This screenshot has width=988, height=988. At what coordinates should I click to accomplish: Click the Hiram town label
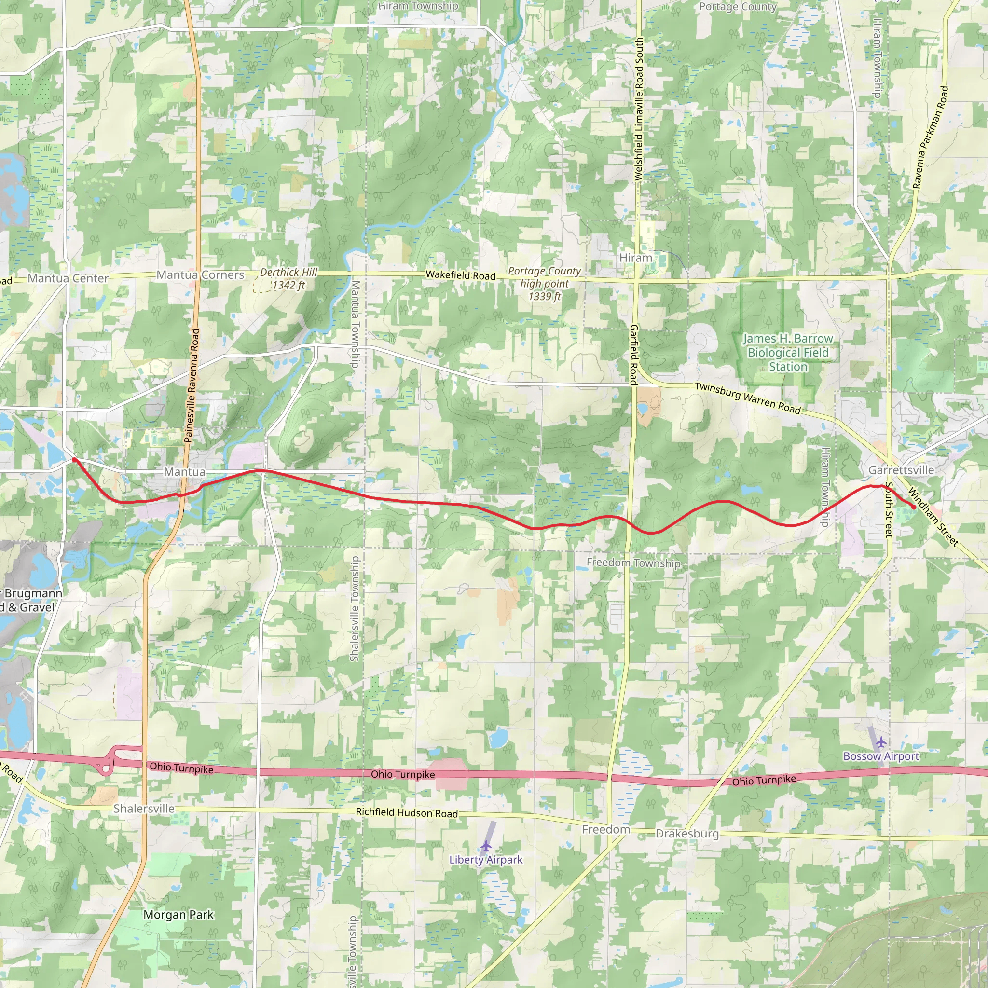(636, 258)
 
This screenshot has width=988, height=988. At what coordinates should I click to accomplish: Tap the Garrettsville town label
(901, 470)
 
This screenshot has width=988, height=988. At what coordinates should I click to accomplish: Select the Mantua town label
(185, 471)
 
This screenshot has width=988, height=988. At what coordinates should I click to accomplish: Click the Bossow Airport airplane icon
(881, 741)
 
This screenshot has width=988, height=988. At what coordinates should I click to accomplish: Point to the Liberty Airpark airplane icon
(486, 846)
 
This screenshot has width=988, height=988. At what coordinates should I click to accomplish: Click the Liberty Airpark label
(486, 860)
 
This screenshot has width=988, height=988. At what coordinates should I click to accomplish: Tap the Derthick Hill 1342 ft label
(288, 279)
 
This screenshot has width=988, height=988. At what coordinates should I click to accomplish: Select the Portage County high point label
(545, 283)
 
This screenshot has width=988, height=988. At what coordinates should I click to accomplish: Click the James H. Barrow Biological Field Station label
(788, 352)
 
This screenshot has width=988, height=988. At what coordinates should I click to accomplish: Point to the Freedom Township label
(633, 563)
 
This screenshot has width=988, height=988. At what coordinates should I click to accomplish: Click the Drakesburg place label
(687, 834)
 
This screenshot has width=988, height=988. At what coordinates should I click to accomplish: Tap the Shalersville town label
(144, 809)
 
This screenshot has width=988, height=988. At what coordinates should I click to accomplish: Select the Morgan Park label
(178, 914)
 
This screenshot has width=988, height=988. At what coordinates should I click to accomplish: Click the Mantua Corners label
(201, 274)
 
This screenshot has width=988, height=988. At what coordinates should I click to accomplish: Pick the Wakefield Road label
(461, 275)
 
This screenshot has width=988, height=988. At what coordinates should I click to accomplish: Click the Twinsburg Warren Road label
(747, 398)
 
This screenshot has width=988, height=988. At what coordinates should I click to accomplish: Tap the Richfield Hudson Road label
(407, 812)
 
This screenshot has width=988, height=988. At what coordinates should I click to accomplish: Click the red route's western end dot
(74, 460)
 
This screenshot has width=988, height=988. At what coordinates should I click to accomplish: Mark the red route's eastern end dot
(913, 507)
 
